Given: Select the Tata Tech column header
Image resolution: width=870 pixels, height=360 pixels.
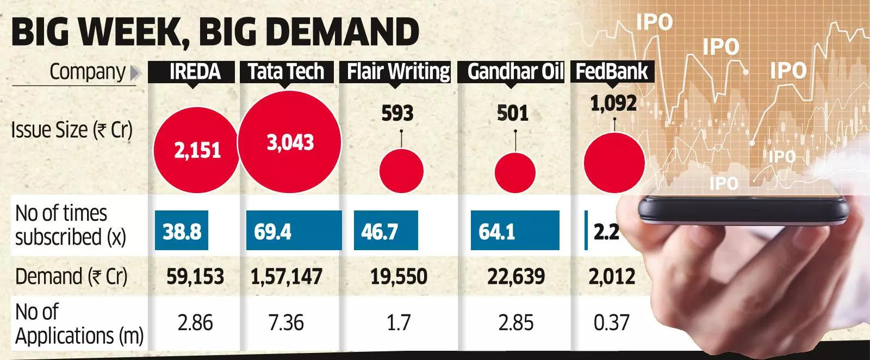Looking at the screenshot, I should [x=286, y=72].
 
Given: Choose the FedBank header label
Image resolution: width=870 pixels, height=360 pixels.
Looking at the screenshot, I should [x=612, y=72].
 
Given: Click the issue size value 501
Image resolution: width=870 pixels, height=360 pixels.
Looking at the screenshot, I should [x=513, y=113].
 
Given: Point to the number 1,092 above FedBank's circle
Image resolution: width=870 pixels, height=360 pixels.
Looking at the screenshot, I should [x=613, y=103].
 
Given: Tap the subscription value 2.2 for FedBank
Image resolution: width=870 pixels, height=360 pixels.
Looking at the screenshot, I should [x=606, y=232].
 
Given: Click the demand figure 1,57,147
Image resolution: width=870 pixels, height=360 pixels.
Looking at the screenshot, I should [x=286, y=277].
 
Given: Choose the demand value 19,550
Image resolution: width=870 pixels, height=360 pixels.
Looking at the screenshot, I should [x=398, y=277].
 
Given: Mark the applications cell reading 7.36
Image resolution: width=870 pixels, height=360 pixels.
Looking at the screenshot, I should [x=287, y=323].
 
